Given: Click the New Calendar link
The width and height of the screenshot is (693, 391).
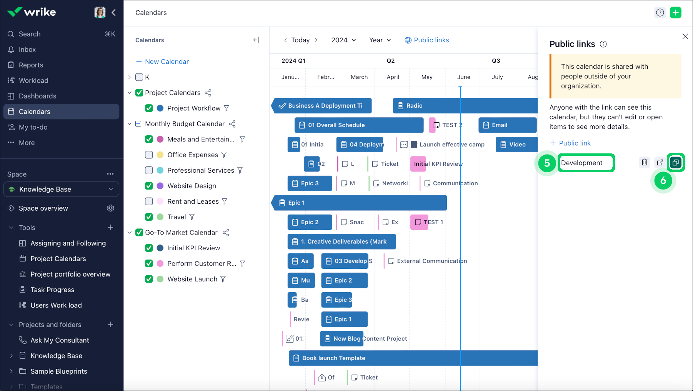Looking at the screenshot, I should (167, 62).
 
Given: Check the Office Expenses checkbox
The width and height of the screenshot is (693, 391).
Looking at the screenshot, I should (149, 155).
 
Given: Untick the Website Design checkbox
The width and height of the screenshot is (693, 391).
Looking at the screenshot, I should (149, 186).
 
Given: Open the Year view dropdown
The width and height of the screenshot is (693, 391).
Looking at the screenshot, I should (380, 40).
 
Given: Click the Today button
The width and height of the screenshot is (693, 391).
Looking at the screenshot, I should (300, 40).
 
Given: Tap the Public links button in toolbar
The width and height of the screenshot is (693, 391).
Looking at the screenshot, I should (427, 40).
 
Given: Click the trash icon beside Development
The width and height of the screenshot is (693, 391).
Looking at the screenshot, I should (645, 163).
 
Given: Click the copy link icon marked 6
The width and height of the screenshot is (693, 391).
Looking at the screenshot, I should (675, 163).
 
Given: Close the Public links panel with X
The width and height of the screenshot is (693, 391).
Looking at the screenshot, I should (685, 37).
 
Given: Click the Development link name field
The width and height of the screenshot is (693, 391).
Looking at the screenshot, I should (586, 163).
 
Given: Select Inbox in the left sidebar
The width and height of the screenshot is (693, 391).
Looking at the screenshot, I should (27, 50).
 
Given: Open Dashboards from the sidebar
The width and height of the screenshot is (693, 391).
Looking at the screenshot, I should (37, 96).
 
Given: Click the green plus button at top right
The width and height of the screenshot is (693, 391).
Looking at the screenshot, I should (675, 13).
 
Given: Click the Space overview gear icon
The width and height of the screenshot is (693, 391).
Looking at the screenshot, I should (111, 208).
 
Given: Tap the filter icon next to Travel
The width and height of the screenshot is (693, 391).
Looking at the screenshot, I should (192, 217).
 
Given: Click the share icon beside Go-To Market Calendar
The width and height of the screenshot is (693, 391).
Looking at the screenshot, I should (226, 233).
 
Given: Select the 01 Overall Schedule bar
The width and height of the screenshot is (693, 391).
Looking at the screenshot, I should (359, 125).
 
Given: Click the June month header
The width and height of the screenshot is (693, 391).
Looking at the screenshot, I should (463, 77).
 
